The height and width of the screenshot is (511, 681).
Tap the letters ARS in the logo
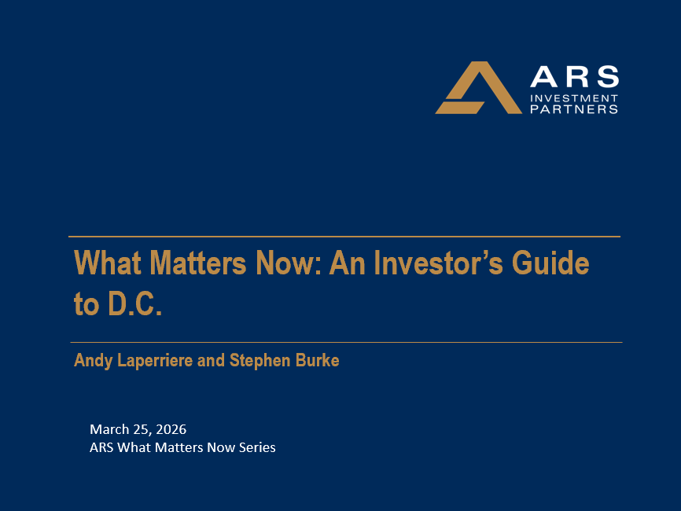tap(574, 77)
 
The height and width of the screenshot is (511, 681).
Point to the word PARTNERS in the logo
tap(574, 109)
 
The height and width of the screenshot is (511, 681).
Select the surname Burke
tap(318, 361)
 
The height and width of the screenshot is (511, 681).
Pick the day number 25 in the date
tap(139, 429)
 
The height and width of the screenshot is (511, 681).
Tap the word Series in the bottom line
tap(256, 448)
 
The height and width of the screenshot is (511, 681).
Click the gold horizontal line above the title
tap(344, 236)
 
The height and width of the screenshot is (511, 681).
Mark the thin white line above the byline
tap(346, 342)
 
